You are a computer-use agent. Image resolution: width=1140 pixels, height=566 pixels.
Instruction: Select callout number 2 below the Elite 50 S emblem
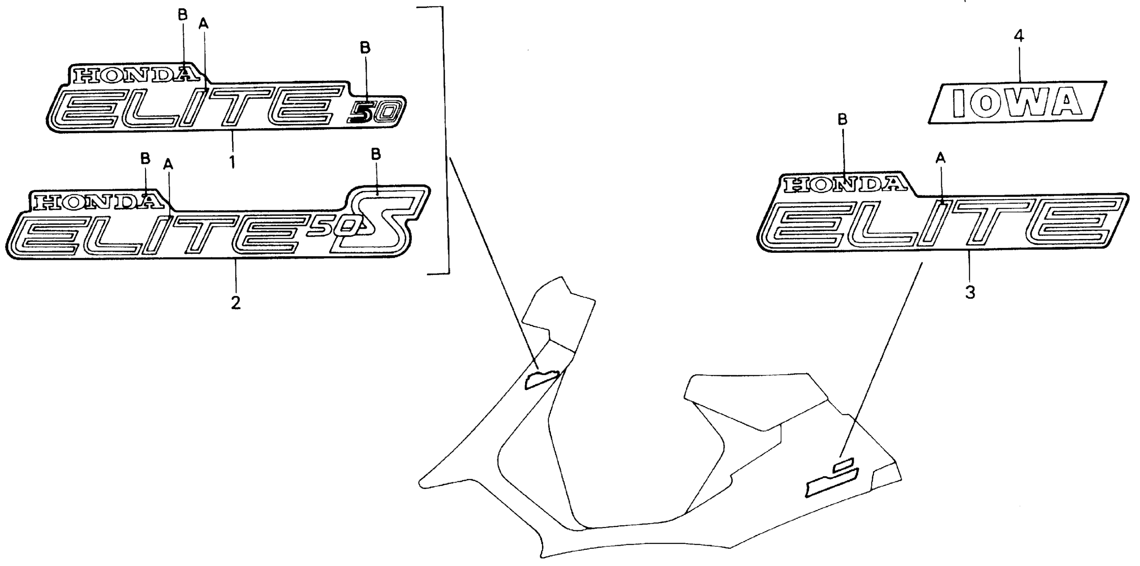[235, 303]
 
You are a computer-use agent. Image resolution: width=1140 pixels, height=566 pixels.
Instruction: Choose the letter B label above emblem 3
[843, 120]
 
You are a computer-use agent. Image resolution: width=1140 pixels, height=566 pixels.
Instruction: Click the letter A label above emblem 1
[203, 23]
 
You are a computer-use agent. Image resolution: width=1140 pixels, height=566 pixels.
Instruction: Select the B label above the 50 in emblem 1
[365, 48]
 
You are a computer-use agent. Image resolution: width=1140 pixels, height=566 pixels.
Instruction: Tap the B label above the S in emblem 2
[376, 154]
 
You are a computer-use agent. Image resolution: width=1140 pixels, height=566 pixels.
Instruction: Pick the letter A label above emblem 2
[168, 164]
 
